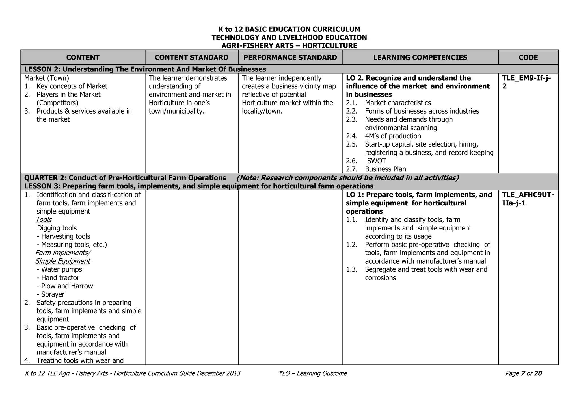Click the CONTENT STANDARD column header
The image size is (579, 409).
(x=191, y=57)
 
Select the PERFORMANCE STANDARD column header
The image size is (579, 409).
(x=290, y=57)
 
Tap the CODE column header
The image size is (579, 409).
(x=528, y=57)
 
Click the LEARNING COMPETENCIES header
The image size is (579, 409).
(x=420, y=57)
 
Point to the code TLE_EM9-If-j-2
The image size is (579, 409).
(x=526, y=82)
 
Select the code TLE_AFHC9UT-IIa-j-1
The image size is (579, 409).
(x=528, y=199)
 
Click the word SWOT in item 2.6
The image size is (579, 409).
(x=376, y=161)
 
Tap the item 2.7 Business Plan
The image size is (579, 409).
(x=385, y=169)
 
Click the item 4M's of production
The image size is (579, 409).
(x=393, y=136)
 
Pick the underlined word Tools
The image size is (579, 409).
(x=44, y=220)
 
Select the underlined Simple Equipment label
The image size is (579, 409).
(x=62, y=261)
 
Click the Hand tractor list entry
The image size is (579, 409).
(x=60, y=278)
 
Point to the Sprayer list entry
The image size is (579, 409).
(x=52, y=294)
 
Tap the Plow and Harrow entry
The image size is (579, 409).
(x=66, y=286)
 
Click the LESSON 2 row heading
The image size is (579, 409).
(x=145, y=69)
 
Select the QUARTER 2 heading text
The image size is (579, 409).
(x=125, y=178)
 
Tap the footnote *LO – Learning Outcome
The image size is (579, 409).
(x=313, y=373)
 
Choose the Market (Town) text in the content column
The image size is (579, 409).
(x=47, y=78)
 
